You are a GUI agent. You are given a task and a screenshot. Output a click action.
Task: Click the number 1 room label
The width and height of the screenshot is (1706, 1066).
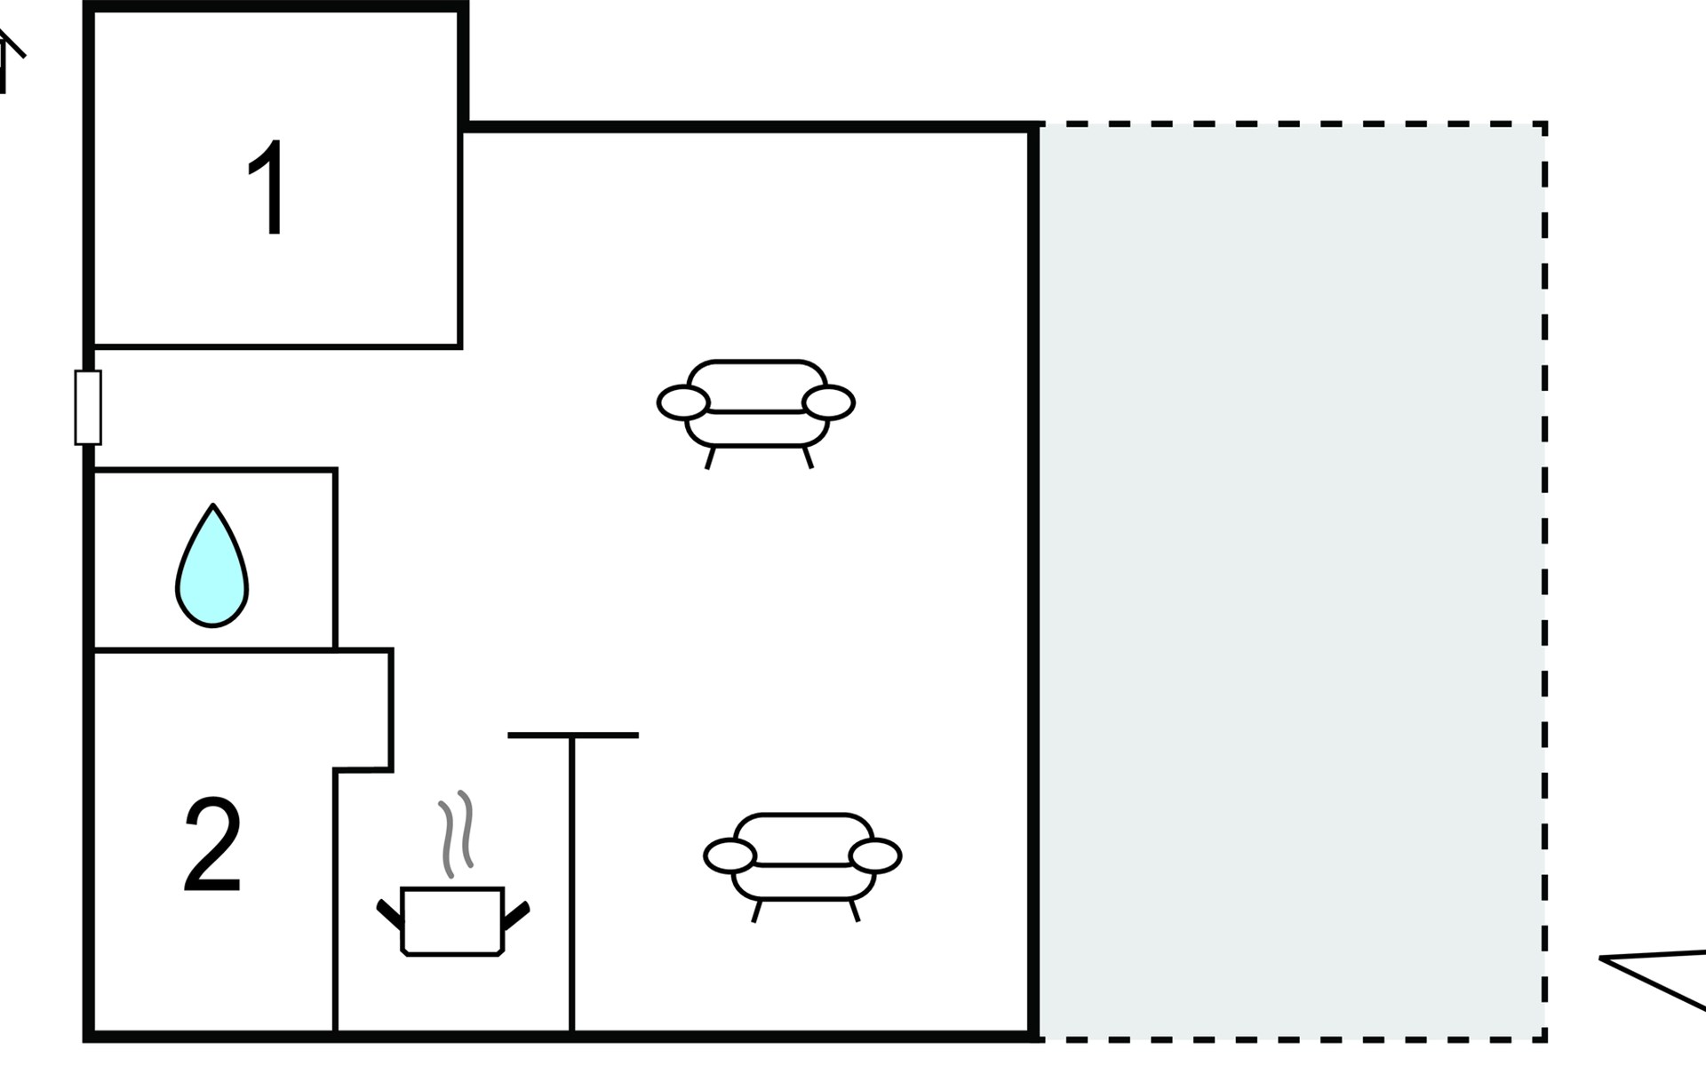click(267, 188)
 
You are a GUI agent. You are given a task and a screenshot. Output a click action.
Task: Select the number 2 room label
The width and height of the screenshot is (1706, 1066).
click(212, 845)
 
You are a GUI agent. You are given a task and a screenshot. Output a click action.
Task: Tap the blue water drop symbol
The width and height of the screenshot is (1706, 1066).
click(212, 568)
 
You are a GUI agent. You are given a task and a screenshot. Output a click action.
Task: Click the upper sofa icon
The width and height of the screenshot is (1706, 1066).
click(756, 405)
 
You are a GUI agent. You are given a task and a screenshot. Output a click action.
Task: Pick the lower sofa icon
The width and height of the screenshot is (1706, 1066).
click(802, 858)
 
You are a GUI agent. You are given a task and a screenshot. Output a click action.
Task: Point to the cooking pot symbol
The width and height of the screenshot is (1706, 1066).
click(452, 920)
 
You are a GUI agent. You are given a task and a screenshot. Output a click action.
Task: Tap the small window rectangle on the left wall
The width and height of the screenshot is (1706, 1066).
click(88, 408)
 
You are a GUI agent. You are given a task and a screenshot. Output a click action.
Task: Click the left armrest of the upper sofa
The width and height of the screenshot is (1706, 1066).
click(683, 402)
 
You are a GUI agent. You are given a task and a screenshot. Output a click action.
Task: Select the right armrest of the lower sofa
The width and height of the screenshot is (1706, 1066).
click(875, 855)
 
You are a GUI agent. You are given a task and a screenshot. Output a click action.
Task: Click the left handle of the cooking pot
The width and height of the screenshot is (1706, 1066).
click(389, 914)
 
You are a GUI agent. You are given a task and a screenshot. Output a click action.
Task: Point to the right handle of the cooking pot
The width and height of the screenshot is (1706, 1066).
click(516, 916)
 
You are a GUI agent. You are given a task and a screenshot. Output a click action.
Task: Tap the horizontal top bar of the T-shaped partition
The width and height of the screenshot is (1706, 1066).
click(573, 736)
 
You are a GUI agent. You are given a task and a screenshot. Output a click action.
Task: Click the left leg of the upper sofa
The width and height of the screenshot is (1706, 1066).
click(710, 457)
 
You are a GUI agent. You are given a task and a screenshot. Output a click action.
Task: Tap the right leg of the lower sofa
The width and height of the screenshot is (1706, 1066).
click(855, 911)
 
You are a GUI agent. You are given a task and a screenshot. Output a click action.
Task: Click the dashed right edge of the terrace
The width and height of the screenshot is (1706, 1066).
click(1545, 577)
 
